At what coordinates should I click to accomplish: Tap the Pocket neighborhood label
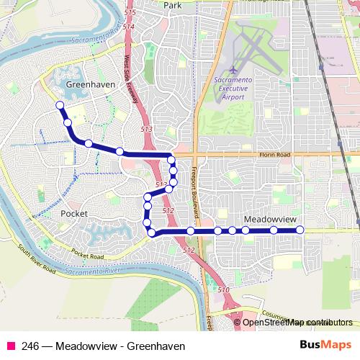pyautogui.click(x=73, y=215)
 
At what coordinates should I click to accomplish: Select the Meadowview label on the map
pyautogui.click(x=269, y=217)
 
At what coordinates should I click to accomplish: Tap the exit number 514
pyautogui.click(x=128, y=27)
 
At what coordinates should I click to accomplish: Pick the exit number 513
pyautogui.click(x=146, y=128)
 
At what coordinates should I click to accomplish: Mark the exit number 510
pyautogui.click(x=224, y=289)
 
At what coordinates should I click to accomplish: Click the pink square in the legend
pyautogui.click(x=11, y=346)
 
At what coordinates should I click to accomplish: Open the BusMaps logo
pyautogui.click(x=325, y=345)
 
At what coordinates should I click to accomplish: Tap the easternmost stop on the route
pyautogui.click(x=300, y=230)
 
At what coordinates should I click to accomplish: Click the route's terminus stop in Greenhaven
pyautogui.click(x=60, y=106)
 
